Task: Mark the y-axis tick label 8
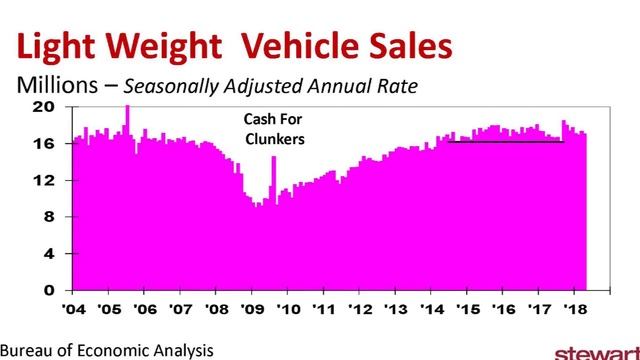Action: click(48, 217)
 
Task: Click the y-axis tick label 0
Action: click(48, 291)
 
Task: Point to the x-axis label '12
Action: click(358, 310)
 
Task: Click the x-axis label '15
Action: click(465, 310)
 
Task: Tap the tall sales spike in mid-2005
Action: click(127, 115)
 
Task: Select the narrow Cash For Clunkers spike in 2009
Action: click(273, 175)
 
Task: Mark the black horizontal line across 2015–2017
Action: click(506, 141)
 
